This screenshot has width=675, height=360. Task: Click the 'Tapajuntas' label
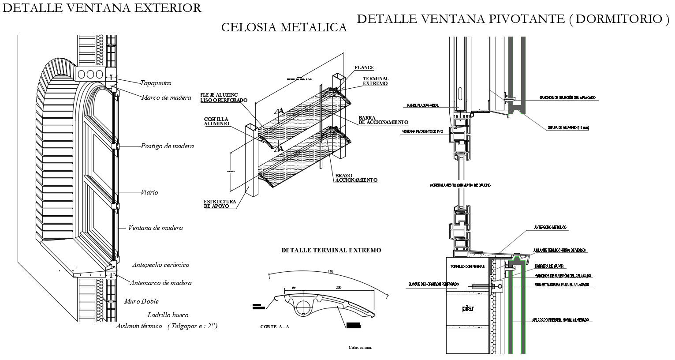156,83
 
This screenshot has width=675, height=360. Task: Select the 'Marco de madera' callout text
166,97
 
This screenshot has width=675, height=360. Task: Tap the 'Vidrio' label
149,192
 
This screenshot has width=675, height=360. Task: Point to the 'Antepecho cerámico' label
160,265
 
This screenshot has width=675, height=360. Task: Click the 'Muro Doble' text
141,301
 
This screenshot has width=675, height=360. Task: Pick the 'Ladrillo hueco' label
168,315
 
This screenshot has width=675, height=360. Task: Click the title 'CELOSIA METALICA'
283,28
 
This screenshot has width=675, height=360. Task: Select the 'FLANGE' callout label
364,68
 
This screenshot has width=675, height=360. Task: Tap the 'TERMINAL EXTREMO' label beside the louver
375,81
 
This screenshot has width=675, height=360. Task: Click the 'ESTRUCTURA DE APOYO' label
220,204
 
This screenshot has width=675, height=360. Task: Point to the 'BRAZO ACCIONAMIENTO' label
356,178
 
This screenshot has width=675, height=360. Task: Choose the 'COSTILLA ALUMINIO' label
216,122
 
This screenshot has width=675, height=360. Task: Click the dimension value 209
339,288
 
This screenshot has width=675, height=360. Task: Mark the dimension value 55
294,288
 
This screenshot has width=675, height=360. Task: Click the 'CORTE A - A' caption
274,327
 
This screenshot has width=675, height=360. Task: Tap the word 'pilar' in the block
468,309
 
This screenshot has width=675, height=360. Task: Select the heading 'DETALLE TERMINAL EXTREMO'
331,250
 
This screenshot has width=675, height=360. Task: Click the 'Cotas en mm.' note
360,348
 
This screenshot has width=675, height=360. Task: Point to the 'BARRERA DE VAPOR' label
549,266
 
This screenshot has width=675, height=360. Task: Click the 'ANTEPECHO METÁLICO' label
550,228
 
